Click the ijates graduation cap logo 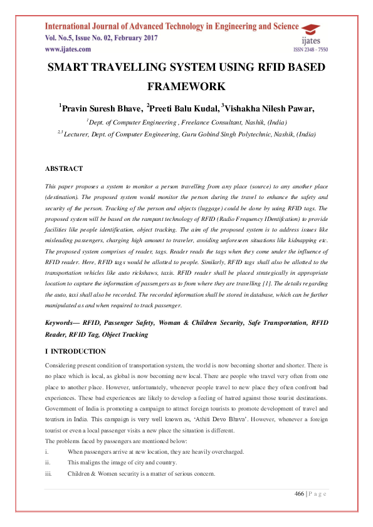310,33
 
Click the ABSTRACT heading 64,168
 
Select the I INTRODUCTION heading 76,351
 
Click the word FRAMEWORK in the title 186,86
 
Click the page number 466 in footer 299,494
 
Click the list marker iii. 48,474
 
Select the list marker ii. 48,463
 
